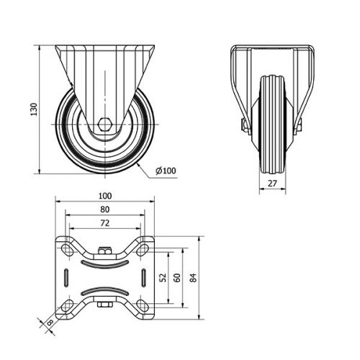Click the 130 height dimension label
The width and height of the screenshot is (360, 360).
(x=34, y=109)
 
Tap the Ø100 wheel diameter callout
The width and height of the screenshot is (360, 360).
(x=166, y=171)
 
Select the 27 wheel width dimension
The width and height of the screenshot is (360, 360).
(x=272, y=184)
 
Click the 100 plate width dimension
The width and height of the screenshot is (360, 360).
(x=105, y=196)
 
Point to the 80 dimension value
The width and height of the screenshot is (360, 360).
(x=105, y=210)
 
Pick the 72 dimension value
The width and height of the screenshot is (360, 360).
(x=105, y=223)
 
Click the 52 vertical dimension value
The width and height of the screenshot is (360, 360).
(x=163, y=278)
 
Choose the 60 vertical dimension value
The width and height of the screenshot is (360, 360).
(x=177, y=278)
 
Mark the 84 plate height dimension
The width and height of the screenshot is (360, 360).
(x=194, y=278)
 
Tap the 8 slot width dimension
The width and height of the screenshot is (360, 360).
(x=50, y=323)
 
